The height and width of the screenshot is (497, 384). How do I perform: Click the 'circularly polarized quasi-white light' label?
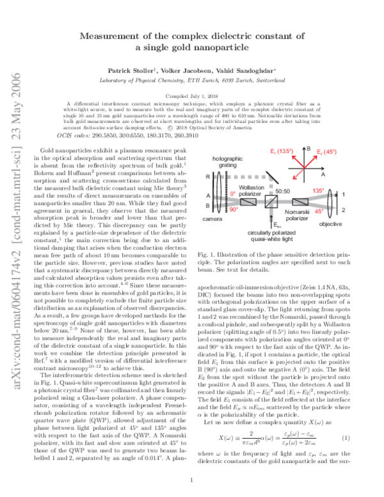pyautogui.click(x=275, y=255)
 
